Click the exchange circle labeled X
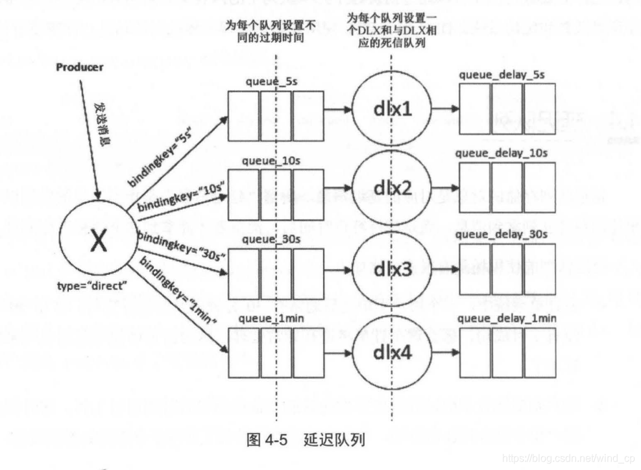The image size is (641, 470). pos(98,240)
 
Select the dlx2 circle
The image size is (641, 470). pos(393,189)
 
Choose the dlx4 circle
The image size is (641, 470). pos(393,354)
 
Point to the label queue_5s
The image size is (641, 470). pos(272,82)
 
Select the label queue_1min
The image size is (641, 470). pos(271,319)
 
